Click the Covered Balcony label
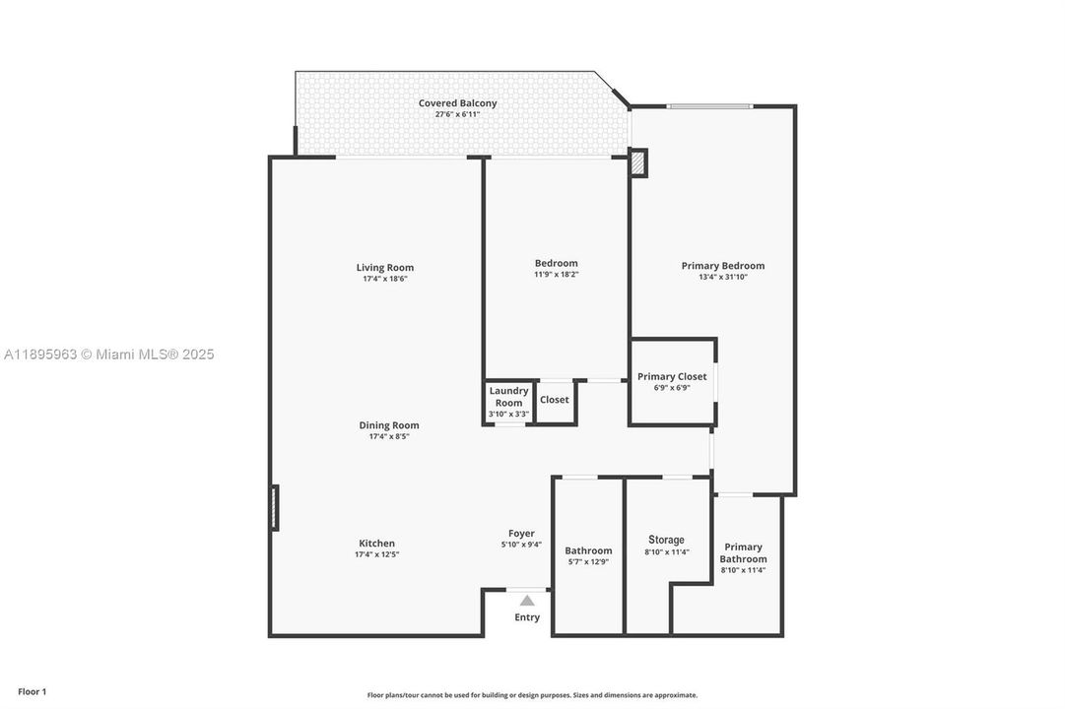457,103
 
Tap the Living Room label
384,267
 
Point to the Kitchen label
376,543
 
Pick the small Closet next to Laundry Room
555,400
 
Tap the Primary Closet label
672,376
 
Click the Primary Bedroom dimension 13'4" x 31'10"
722,278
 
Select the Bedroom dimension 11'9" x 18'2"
556,275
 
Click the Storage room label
666,540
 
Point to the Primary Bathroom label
743,552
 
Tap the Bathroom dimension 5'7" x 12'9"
588,562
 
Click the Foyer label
521,533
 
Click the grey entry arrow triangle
527,600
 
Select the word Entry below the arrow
527,617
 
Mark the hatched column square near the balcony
638,162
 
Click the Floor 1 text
32,692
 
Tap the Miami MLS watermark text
108,354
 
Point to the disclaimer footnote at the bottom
532,695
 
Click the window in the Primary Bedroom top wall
709,106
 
